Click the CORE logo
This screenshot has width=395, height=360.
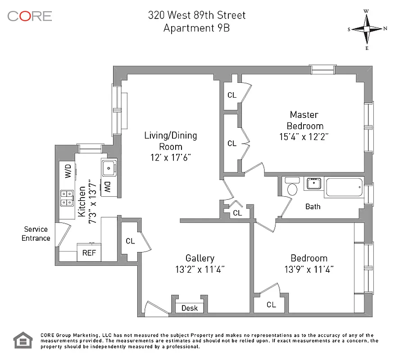(x=30, y=16)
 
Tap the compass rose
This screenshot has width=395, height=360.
(x=367, y=29)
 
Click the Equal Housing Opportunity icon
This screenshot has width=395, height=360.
(x=23, y=341)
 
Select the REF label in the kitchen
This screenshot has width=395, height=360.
(x=89, y=253)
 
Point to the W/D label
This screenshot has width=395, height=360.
(x=68, y=171)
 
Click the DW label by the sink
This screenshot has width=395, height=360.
(x=108, y=188)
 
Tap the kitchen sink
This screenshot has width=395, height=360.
(x=108, y=168)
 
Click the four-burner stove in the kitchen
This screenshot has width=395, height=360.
(x=67, y=198)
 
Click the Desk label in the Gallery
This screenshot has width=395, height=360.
(x=190, y=308)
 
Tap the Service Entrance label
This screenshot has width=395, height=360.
(x=36, y=234)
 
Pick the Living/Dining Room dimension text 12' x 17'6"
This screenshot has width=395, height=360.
(x=170, y=157)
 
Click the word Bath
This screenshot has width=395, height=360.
(x=313, y=207)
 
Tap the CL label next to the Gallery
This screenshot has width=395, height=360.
(x=130, y=241)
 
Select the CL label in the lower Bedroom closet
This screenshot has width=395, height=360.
(x=271, y=305)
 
